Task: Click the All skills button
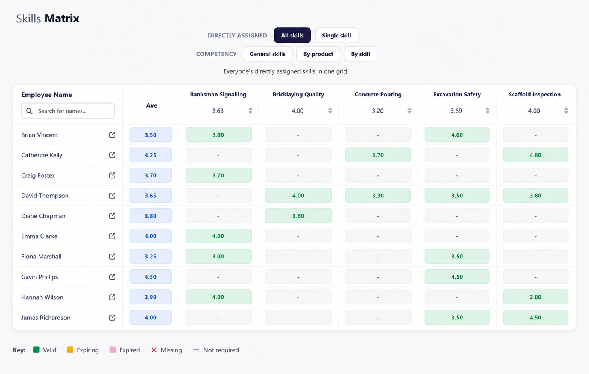pyautogui.click(x=292, y=35)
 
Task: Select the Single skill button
pyautogui.click(x=337, y=35)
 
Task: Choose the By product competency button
pyautogui.click(x=318, y=54)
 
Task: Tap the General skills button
pyautogui.click(x=267, y=54)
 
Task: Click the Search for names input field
pyautogui.click(x=68, y=111)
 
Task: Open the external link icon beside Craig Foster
pyautogui.click(x=112, y=175)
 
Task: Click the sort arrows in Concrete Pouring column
pyautogui.click(x=409, y=111)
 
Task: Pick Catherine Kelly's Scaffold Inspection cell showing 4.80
pyautogui.click(x=535, y=155)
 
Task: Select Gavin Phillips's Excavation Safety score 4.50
pyautogui.click(x=457, y=277)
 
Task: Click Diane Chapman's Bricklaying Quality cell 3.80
pyautogui.click(x=298, y=216)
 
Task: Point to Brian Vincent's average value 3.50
pyautogui.click(x=151, y=135)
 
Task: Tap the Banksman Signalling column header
pyautogui.click(x=218, y=94)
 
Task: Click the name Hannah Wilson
pyautogui.click(x=42, y=297)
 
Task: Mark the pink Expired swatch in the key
pyautogui.click(x=113, y=350)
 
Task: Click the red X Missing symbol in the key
pyautogui.click(x=154, y=350)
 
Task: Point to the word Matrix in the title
pyautogui.click(x=62, y=18)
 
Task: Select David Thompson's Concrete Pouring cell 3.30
pyautogui.click(x=378, y=196)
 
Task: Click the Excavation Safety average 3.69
pyautogui.click(x=456, y=111)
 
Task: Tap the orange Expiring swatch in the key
pyautogui.click(x=70, y=350)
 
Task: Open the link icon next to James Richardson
pyautogui.click(x=112, y=318)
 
